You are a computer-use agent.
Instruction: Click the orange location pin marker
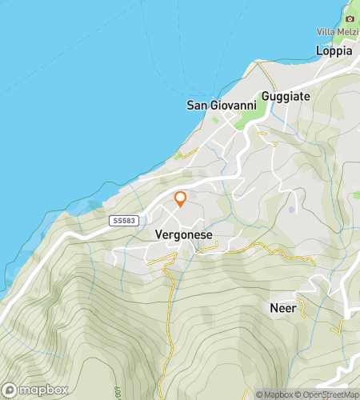(180, 199)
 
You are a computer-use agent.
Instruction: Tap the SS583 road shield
(120, 219)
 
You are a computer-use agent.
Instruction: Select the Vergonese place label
(179, 236)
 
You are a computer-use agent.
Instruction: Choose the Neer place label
(282, 307)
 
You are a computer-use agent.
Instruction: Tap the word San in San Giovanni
(197, 105)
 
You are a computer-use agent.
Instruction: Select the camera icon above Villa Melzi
(349, 18)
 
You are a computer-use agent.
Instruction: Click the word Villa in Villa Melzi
(326, 32)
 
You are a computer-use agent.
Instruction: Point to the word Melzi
(349, 32)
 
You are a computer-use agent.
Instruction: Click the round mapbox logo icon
(10, 390)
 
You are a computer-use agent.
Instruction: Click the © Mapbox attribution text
(274, 394)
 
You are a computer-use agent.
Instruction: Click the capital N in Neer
(273, 307)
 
